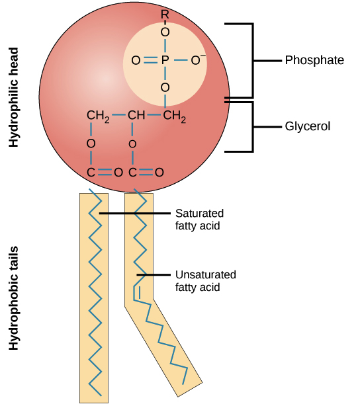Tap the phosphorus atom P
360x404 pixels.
point(165,60)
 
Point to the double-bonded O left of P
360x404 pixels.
point(135,60)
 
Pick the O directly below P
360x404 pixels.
point(165,87)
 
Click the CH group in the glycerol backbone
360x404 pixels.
point(136,116)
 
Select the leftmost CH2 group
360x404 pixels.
point(97,116)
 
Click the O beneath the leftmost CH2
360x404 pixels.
point(91,143)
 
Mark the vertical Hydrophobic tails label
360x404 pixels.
point(11,305)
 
